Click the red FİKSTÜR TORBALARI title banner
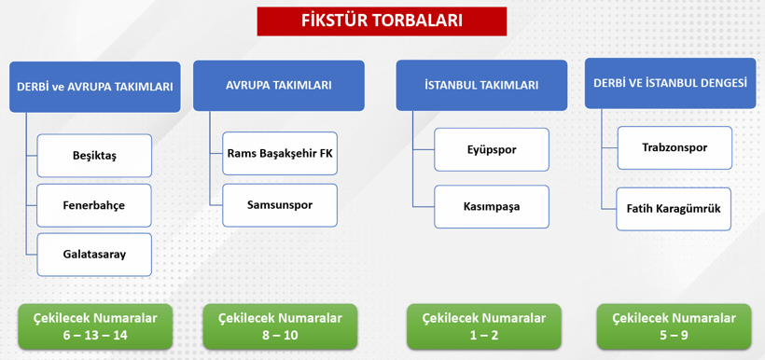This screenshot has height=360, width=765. [x=382, y=21]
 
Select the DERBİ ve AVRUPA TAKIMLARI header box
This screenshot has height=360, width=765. [x=94, y=87]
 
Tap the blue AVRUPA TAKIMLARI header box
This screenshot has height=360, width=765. [x=279, y=85]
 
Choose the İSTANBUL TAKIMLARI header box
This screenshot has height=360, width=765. [x=481, y=85]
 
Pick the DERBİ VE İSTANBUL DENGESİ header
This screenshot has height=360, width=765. [x=670, y=83]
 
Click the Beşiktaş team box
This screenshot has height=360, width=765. [x=94, y=156]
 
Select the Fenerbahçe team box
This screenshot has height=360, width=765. [x=94, y=205]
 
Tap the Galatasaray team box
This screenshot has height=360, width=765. [x=94, y=254]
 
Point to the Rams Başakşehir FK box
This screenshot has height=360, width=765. [x=280, y=154]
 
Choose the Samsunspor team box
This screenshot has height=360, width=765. [x=280, y=204]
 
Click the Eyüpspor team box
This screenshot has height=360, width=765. [x=492, y=149]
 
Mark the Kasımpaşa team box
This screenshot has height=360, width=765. [x=492, y=206]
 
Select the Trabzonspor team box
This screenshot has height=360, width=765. [x=675, y=147]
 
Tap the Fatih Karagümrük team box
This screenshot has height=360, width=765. [x=675, y=209]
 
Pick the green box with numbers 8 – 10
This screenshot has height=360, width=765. [x=279, y=326]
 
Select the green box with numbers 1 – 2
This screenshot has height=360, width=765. [x=483, y=326]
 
